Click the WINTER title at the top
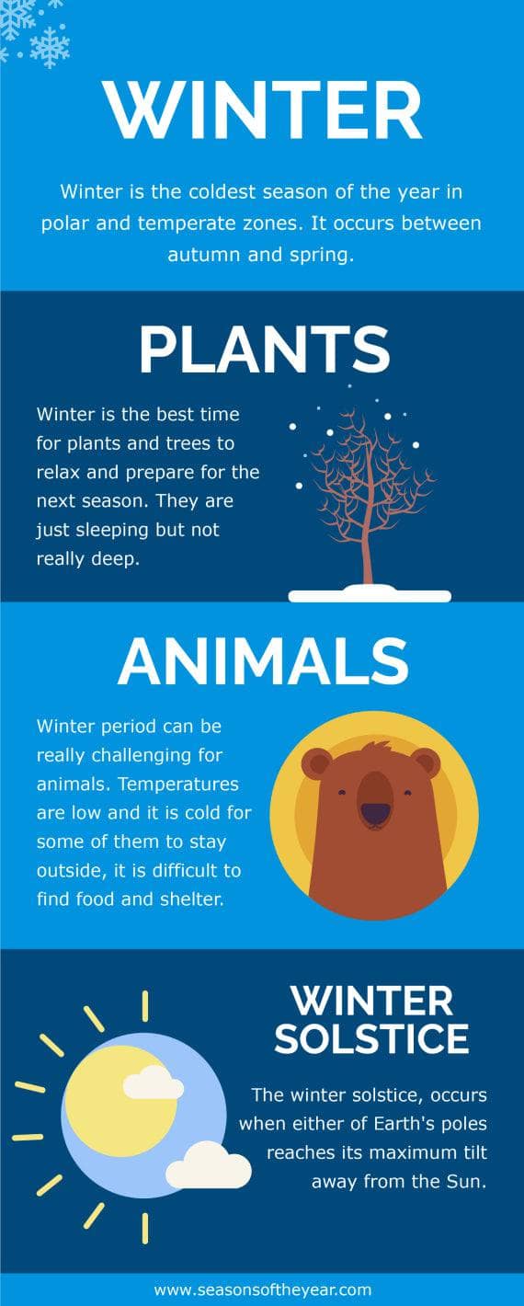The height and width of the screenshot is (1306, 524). pyautogui.click(x=262, y=111)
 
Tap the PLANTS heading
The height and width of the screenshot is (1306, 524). pyautogui.click(x=264, y=349)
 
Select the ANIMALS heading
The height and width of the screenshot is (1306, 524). pyautogui.click(x=263, y=660)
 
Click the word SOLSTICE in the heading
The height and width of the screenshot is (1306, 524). pyautogui.click(x=371, y=1038)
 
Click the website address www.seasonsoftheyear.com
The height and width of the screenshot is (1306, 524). pyautogui.click(x=262, y=1289)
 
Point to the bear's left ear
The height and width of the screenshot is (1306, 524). pyautogui.click(x=316, y=762)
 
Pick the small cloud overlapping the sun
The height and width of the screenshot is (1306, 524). pyautogui.click(x=153, y=1083)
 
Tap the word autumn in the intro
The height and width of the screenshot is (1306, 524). pyautogui.click(x=200, y=255)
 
